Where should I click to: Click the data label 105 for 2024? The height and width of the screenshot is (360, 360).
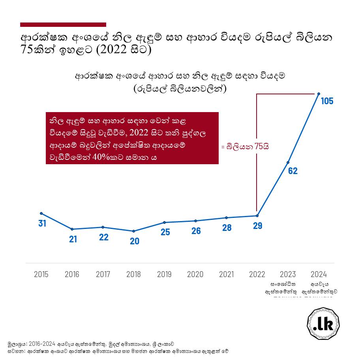click(x=327, y=101)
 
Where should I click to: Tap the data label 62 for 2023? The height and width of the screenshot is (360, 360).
click(x=292, y=171)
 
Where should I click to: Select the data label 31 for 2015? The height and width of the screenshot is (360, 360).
click(x=42, y=223)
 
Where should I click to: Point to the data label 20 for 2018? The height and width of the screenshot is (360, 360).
click(x=135, y=241)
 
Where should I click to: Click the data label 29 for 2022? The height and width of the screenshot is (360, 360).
click(x=257, y=226)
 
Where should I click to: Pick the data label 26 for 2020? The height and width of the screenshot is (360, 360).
click(x=196, y=231)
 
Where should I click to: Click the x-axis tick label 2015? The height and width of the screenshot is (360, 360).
click(x=41, y=274)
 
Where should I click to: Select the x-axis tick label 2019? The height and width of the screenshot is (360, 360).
click(x=164, y=274)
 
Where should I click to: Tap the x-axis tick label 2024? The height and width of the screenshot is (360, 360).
click(x=319, y=274)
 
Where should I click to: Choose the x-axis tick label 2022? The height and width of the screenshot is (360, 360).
click(x=257, y=274)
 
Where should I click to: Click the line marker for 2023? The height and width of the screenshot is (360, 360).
click(x=288, y=162)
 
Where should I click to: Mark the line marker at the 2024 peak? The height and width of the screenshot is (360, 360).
click(x=319, y=94)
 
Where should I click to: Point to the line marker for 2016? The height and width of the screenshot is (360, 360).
click(x=72, y=229)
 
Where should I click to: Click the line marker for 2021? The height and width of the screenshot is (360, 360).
click(x=226, y=217)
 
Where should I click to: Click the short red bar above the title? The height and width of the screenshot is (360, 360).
click(x=63, y=24)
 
